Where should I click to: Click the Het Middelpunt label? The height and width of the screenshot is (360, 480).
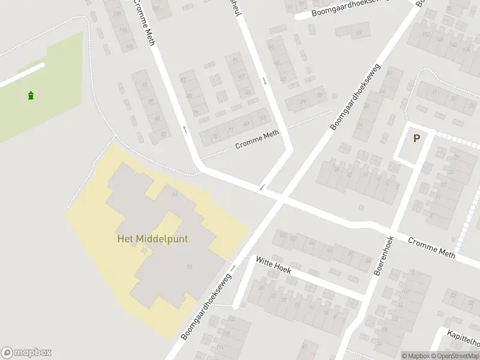pyautogui.click(x=152, y=239)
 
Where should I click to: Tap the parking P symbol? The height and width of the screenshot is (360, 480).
pyautogui.click(x=416, y=138)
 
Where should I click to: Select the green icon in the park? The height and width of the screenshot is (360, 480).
pyautogui.click(x=31, y=95)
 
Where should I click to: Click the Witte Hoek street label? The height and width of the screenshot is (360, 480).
pyautogui.click(x=273, y=265)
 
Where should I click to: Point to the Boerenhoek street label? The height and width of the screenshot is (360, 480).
pyautogui.click(x=384, y=256)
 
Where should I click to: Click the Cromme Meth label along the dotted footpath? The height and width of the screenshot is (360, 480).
pyautogui.click(x=257, y=140)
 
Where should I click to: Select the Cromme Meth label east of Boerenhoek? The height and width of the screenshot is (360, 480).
pyautogui.click(x=431, y=248)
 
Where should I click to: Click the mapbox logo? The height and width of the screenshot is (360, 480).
pyautogui.click(x=26, y=352)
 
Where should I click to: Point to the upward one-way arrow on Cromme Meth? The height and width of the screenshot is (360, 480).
pyautogui.click(x=185, y=128)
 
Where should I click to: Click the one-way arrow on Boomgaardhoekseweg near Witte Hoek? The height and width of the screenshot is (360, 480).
pyautogui.click(x=234, y=267)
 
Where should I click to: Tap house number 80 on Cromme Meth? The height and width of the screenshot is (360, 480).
pyautogui.click(x=163, y=134)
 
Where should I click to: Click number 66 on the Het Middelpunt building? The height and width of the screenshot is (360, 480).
pyautogui.click(x=175, y=194)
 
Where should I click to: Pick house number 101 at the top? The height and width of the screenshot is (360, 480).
pyautogui.click(x=157, y=8)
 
